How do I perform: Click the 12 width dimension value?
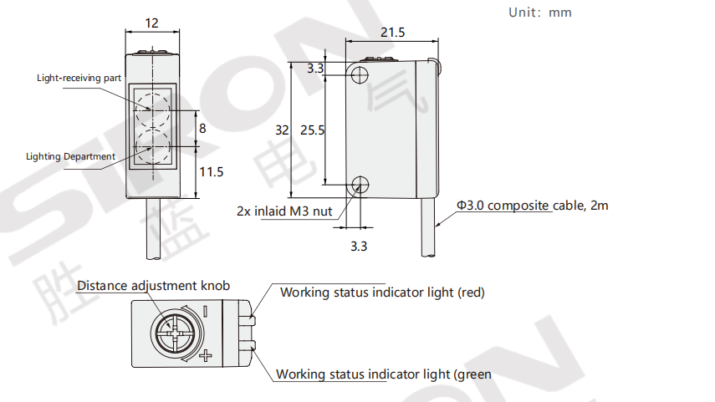pyautogui.click(x=151, y=23)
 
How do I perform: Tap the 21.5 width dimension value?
pyautogui.click(x=392, y=33)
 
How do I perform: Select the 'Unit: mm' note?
pyautogui.click(x=540, y=13)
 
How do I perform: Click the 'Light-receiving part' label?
pyautogui.click(x=79, y=78)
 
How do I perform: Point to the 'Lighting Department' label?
pyautogui.click(x=71, y=156)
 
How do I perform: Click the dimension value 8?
pyautogui.click(x=202, y=129)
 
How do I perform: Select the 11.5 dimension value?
pyautogui.click(x=211, y=172)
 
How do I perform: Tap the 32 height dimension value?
pyautogui.click(x=282, y=130)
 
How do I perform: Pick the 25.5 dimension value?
pyautogui.click(x=313, y=130)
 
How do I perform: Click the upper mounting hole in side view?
pyautogui.click(x=360, y=74)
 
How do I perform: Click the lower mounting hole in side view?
pyautogui.click(x=360, y=185)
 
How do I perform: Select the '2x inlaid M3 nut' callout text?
pyautogui.click(x=284, y=211)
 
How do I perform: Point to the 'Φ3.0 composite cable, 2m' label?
pyautogui.click(x=533, y=206)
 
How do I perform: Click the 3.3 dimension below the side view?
pyautogui.click(x=359, y=247)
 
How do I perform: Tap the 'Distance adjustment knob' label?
pyautogui.click(x=153, y=286)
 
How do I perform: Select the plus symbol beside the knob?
pyautogui.click(x=206, y=355)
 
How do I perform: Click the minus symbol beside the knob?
pyautogui.click(x=206, y=311)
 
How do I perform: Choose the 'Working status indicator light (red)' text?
pyautogui.click(x=382, y=293)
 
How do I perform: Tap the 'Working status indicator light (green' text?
pyautogui.click(x=384, y=374)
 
